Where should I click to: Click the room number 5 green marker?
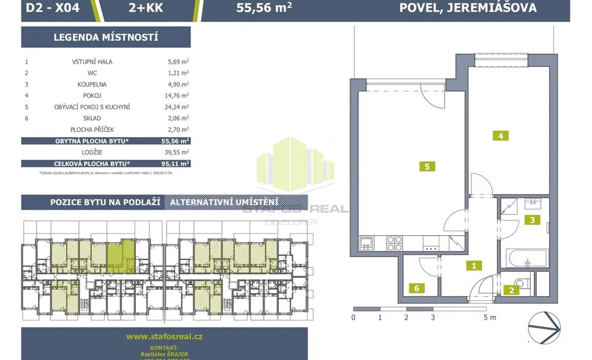pyautogui.click(x=427, y=167)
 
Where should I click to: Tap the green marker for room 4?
pyautogui.click(x=499, y=136)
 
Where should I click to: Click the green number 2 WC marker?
pyautogui.click(x=511, y=290)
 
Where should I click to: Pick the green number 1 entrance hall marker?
pyautogui.click(x=474, y=266)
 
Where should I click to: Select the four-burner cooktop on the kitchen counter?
pyautogui.click(x=394, y=242)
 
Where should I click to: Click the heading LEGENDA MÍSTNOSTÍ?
pyautogui.click(x=106, y=38)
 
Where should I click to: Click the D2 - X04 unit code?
pyautogui.click(x=53, y=8)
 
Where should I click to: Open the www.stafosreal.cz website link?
pyautogui.click(x=164, y=336)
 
